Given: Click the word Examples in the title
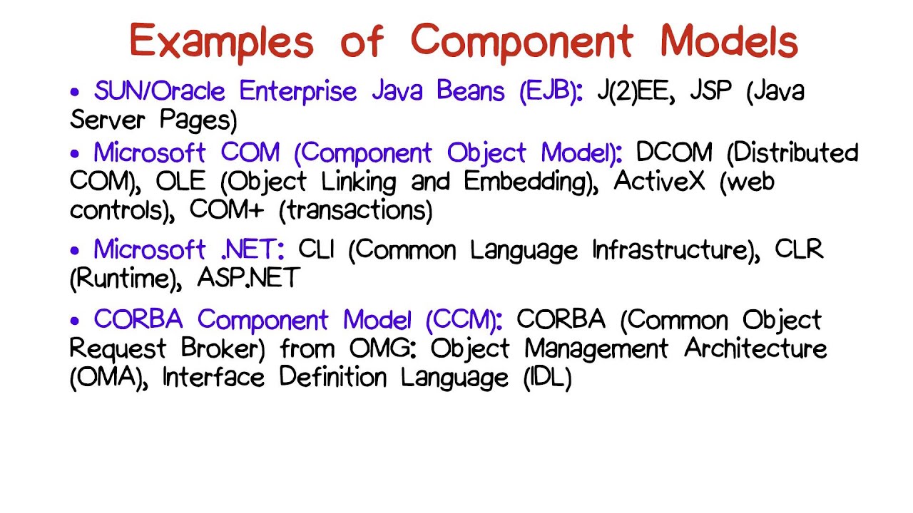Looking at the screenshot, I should point(221,41).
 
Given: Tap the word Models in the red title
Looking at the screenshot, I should point(728,41).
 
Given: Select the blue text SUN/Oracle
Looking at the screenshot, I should point(159,92).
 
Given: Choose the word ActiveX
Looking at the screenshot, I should point(659,182).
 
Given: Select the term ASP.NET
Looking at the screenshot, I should point(248,278).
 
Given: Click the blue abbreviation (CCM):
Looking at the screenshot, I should point(464,320).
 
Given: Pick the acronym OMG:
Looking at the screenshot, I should point(385,349).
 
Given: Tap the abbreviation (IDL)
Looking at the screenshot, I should point(548,378).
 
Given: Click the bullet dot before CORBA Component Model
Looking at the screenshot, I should point(75,321).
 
